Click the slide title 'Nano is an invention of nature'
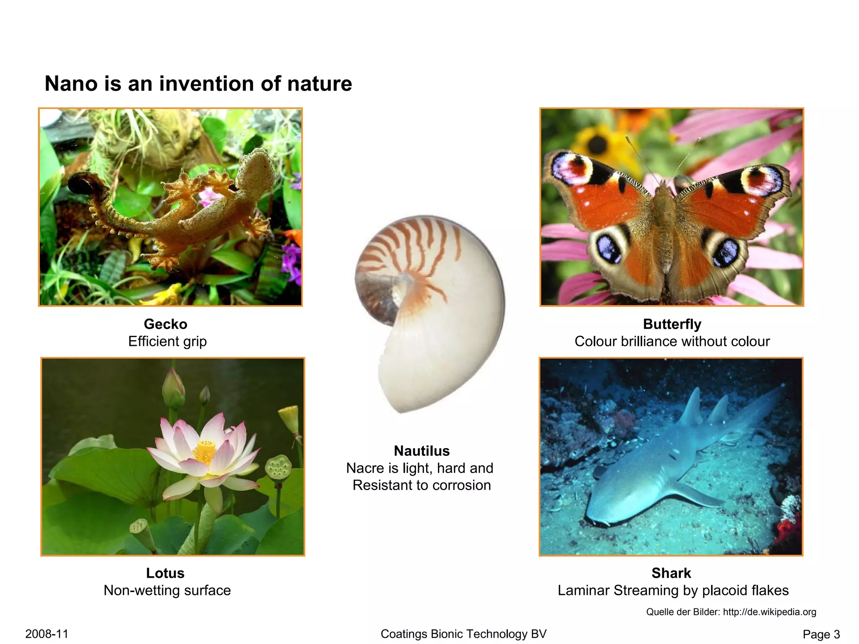click(198, 83)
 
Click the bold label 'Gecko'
click(165, 324)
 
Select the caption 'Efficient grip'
click(167, 341)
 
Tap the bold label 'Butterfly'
click(672, 324)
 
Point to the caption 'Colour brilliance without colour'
click(672, 341)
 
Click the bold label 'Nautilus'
click(422, 451)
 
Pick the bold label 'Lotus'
click(165, 573)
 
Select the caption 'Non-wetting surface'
click(167, 590)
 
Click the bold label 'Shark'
click(671, 573)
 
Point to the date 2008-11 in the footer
click(47, 634)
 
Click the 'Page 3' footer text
click(821, 634)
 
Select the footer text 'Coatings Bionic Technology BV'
click(463, 634)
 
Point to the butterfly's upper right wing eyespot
click(761, 179)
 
